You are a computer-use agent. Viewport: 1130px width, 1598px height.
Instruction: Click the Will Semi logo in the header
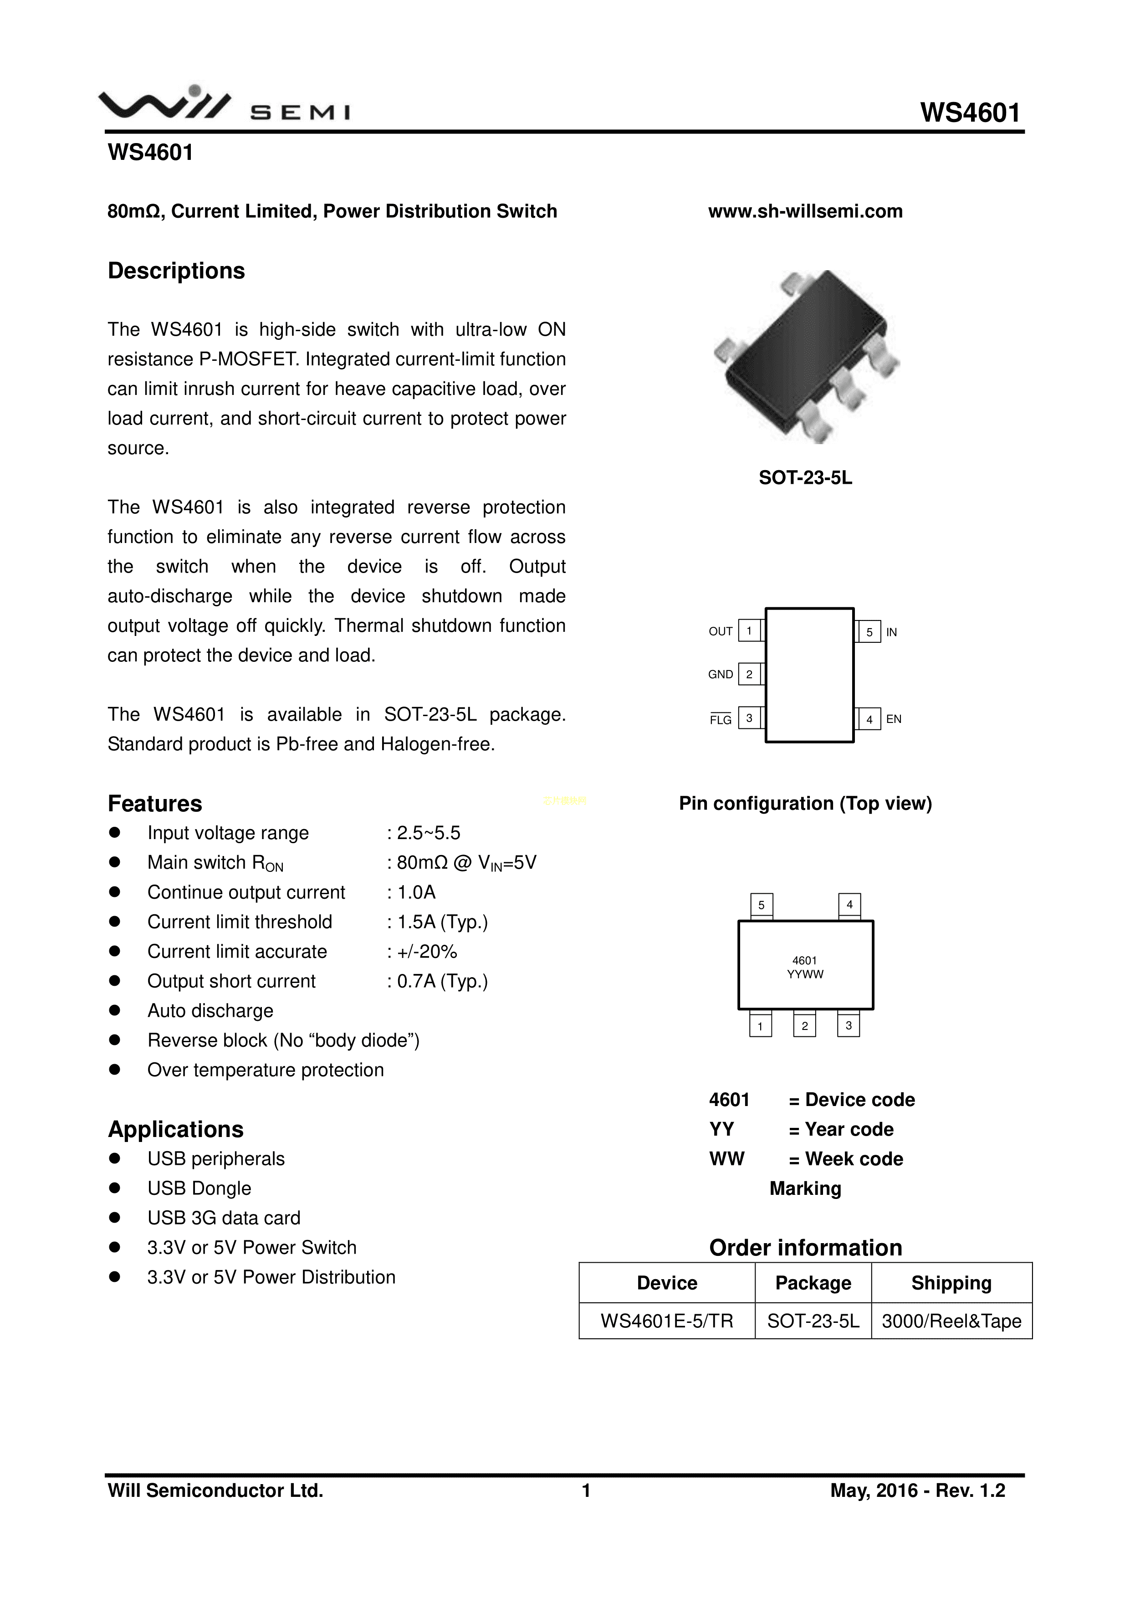click(x=224, y=104)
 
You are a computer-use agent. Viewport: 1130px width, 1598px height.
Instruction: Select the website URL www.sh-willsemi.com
click(x=805, y=211)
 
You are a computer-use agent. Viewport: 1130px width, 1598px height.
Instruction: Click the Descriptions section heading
click(x=176, y=271)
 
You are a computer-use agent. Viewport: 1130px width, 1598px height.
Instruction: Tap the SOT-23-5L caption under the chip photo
click(x=805, y=478)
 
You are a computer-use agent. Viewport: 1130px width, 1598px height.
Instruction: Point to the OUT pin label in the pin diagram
click(x=720, y=632)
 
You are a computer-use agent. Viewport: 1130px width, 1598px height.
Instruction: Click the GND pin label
click(x=720, y=675)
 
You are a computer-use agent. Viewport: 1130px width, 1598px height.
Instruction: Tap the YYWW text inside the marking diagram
click(x=805, y=974)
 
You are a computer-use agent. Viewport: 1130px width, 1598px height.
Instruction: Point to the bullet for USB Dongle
click(x=115, y=1188)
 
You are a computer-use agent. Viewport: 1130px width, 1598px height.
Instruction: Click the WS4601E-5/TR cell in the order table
click(x=667, y=1321)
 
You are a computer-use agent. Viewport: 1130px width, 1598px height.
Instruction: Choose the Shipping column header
click(x=951, y=1283)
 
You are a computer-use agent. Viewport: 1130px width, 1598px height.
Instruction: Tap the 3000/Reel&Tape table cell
click(x=951, y=1321)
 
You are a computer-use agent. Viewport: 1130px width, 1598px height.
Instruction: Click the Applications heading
click(x=175, y=1129)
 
